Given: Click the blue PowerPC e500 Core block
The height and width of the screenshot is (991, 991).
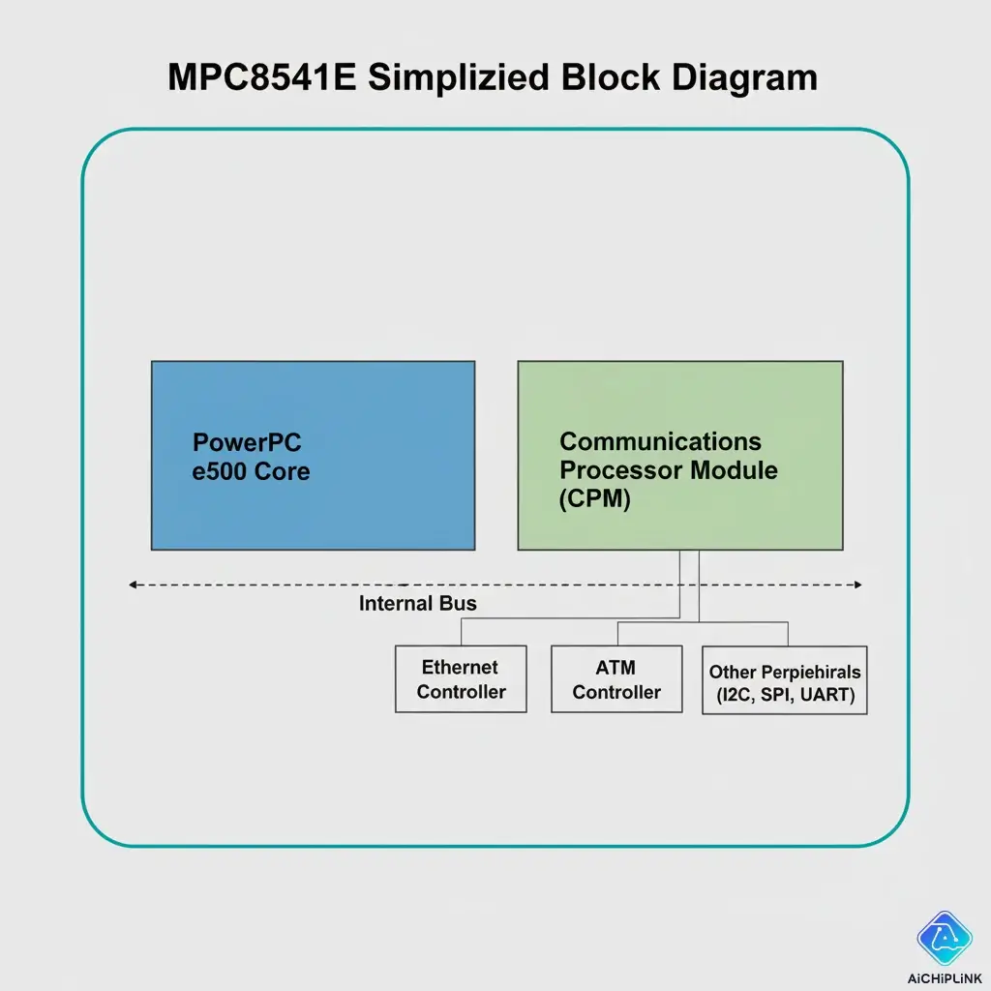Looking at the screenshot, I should (313, 455).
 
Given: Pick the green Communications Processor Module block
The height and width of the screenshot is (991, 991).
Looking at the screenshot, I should (679, 455).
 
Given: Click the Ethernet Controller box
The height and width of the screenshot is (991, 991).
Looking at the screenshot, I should (461, 679).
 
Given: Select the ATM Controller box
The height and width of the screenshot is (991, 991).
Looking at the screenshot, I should (616, 679).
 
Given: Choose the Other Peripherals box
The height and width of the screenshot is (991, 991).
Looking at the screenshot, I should (784, 681).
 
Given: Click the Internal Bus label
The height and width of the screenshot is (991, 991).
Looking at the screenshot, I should (418, 604).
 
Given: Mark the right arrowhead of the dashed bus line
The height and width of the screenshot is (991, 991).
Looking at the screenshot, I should (856, 585).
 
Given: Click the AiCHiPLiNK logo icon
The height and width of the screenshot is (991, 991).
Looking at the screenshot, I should (945, 938).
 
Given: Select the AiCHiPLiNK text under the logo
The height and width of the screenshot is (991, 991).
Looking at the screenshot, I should (945, 976).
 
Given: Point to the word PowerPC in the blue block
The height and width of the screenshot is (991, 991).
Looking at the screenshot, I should (247, 443).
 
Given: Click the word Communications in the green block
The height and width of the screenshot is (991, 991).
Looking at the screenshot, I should (660, 442).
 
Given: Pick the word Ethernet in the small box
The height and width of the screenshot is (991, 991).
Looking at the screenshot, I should (460, 668).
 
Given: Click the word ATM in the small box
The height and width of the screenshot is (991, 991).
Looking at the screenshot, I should (616, 668).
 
